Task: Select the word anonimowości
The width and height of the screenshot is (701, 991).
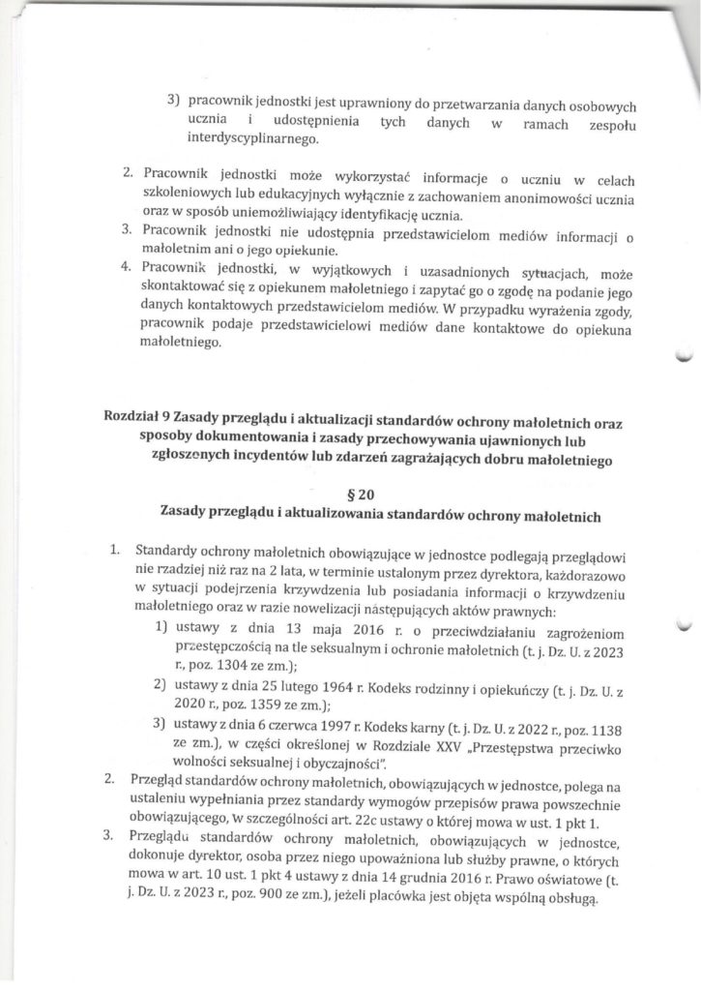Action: pos(523,196)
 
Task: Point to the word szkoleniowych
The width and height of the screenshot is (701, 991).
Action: pos(184,196)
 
